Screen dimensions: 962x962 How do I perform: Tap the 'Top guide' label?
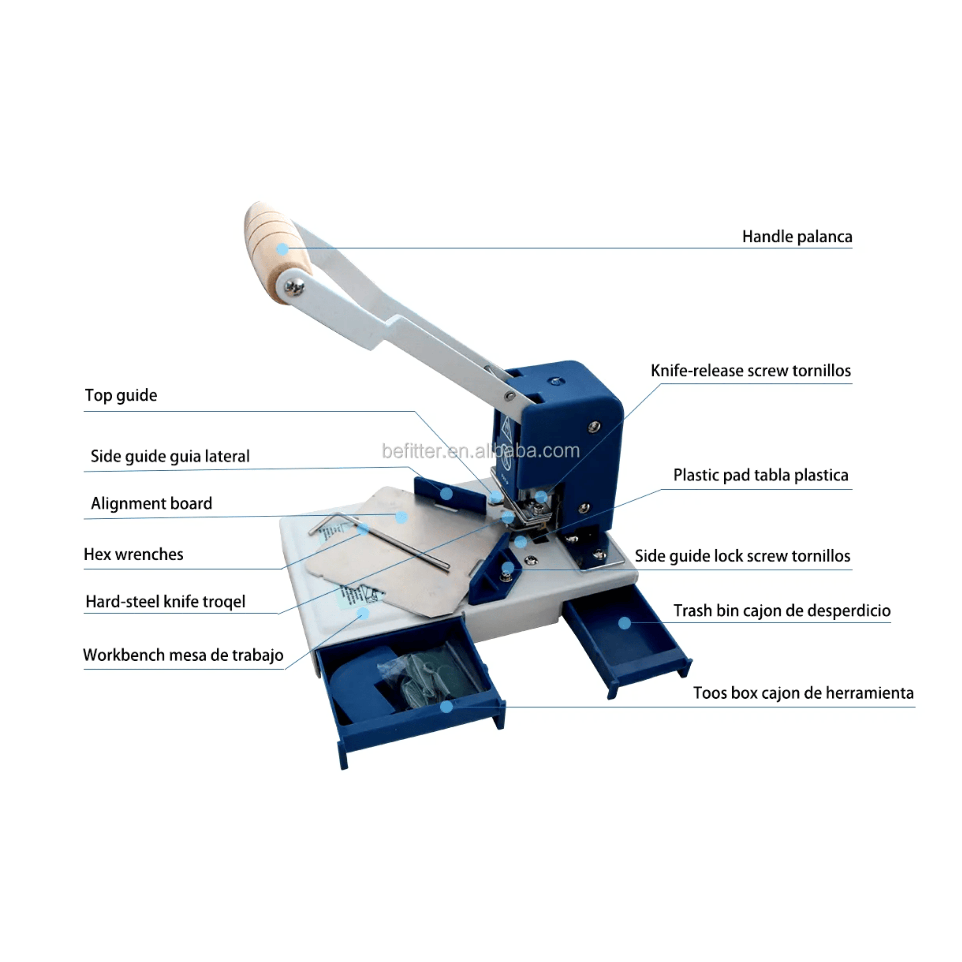tap(121, 395)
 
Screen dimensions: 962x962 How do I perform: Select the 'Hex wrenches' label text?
tap(133, 554)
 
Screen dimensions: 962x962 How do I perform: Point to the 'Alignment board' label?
tap(151, 503)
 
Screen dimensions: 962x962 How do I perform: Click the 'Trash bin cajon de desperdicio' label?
tap(782, 611)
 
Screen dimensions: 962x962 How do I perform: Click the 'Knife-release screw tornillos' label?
tap(751, 371)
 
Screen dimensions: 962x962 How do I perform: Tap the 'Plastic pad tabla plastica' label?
tap(760, 475)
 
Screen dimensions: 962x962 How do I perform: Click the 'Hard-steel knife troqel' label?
tap(165, 601)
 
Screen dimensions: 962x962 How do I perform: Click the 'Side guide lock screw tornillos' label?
tap(743, 556)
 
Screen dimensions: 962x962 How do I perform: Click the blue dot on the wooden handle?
tap(282, 249)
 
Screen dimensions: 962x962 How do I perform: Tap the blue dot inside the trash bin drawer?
tap(625, 623)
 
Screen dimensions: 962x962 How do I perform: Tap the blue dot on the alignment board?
tap(401, 517)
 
